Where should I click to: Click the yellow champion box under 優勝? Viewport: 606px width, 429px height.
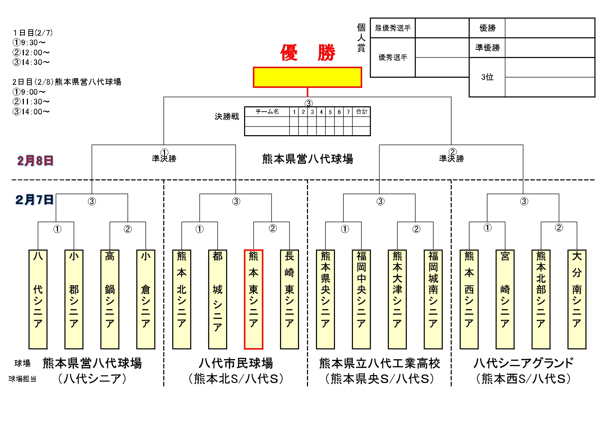[307, 77]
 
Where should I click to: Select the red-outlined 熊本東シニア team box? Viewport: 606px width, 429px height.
[253, 299]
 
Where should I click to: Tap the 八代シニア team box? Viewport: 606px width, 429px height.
[38, 299]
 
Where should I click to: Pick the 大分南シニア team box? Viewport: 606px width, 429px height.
[577, 299]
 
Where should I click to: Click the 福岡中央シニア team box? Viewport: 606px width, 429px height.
[361, 299]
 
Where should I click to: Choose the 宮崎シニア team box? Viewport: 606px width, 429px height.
[505, 299]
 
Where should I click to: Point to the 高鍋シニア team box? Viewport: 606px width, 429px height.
[110, 299]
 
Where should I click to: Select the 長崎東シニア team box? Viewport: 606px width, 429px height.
[289, 299]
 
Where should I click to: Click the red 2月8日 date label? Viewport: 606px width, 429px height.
[35, 161]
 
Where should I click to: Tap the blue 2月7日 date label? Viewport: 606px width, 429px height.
[35, 200]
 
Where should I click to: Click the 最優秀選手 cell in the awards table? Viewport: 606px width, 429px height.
[393, 28]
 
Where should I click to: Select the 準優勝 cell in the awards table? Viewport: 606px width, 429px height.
[487, 48]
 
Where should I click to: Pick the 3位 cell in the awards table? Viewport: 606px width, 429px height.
[487, 77]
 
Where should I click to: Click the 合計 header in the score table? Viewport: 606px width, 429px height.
[362, 112]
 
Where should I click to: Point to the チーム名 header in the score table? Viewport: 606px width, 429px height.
[267, 112]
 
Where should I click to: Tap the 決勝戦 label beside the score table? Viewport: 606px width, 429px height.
[227, 117]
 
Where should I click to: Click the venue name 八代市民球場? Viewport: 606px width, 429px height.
[236, 363]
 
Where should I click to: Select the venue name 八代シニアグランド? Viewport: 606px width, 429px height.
[523, 363]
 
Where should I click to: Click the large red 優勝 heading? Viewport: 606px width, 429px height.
[307, 53]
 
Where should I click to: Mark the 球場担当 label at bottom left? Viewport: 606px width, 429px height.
[22, 379]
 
